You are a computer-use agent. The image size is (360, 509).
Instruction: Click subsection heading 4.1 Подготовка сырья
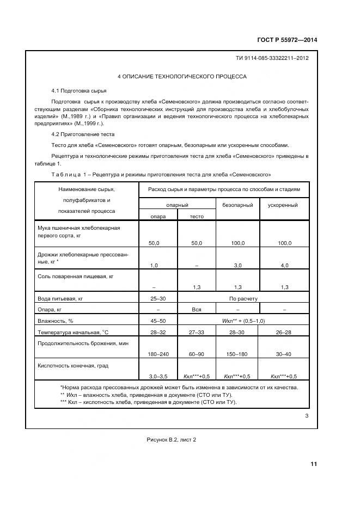point(78,90)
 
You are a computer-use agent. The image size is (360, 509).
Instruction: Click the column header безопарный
point(238,205)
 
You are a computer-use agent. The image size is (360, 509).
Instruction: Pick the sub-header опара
point(158,216)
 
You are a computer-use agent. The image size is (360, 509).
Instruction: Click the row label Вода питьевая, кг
point(59,298)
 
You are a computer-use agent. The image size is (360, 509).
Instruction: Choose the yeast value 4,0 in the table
point(284,265)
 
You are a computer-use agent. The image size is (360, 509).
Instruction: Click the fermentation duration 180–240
point(158,354)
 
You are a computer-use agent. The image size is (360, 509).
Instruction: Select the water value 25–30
point(158,298)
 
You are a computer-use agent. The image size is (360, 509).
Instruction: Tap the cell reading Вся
point(197,309)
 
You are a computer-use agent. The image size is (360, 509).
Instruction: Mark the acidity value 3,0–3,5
point(158,376)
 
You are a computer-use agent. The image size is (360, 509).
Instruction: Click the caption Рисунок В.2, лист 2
point(171,440)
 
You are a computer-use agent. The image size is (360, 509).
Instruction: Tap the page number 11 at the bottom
point(313,464)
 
